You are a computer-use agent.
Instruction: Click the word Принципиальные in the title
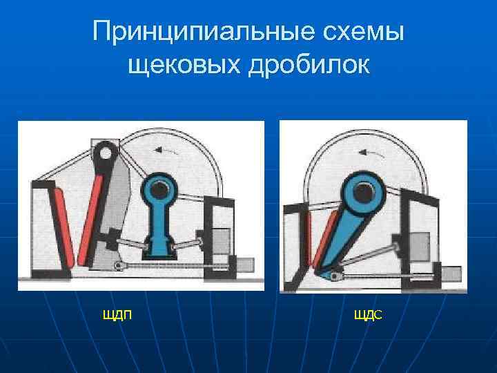coord(200,32)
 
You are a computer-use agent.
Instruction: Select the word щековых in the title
coord(184,65)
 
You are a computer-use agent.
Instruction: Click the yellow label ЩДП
coord(117,315)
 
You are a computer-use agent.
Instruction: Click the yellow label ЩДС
coord(368,315)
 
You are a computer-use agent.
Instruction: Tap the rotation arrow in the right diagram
coord(371,154)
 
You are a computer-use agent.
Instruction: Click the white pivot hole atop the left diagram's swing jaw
coord(106,153)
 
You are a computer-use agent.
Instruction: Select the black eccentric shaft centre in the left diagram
coord(159,189)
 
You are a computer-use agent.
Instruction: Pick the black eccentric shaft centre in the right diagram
coord(363,193)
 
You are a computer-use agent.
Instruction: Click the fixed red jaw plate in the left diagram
coord(64,227)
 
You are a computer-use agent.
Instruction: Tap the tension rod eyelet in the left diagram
coord(119,266)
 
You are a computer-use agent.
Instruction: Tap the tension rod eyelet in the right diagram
coord(334,277)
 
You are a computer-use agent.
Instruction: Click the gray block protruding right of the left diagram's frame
coord(245,265)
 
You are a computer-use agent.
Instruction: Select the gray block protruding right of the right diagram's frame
coord(451,274)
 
